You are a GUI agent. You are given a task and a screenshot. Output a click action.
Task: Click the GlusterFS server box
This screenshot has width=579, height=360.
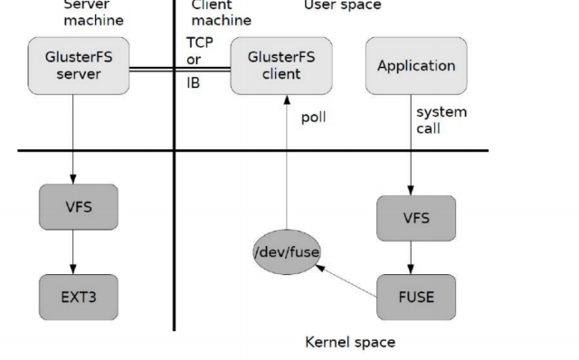point(79,66)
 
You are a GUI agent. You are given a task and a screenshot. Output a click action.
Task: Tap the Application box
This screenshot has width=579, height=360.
point(416,66)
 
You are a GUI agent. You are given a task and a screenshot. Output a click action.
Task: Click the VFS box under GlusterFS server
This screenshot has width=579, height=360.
point(79,206)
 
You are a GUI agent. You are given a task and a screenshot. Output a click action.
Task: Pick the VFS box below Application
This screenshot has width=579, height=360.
point(416,218)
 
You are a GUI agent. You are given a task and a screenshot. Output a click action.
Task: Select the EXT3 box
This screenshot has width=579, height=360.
point(79,297)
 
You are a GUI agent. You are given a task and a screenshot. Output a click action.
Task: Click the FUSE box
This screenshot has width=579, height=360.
point(416,297)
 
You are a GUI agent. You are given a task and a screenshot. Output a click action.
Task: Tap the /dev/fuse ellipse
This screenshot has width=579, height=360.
point(287,251)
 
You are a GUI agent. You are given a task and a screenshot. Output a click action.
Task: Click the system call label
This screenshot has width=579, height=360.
point(441,119)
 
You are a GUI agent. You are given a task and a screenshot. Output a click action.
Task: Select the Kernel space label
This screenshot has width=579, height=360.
point(350,343)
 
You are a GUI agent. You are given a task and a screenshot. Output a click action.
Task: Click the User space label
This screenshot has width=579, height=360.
point(342,5)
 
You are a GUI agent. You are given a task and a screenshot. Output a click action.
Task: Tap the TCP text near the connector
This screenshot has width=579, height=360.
point(200,43)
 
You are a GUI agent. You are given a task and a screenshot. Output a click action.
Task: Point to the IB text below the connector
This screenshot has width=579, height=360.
point(194,83)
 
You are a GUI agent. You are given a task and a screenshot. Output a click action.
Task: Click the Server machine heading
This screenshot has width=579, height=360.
point(93,13)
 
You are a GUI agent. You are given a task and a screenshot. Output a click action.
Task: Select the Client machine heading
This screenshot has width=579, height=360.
point(221,13)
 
